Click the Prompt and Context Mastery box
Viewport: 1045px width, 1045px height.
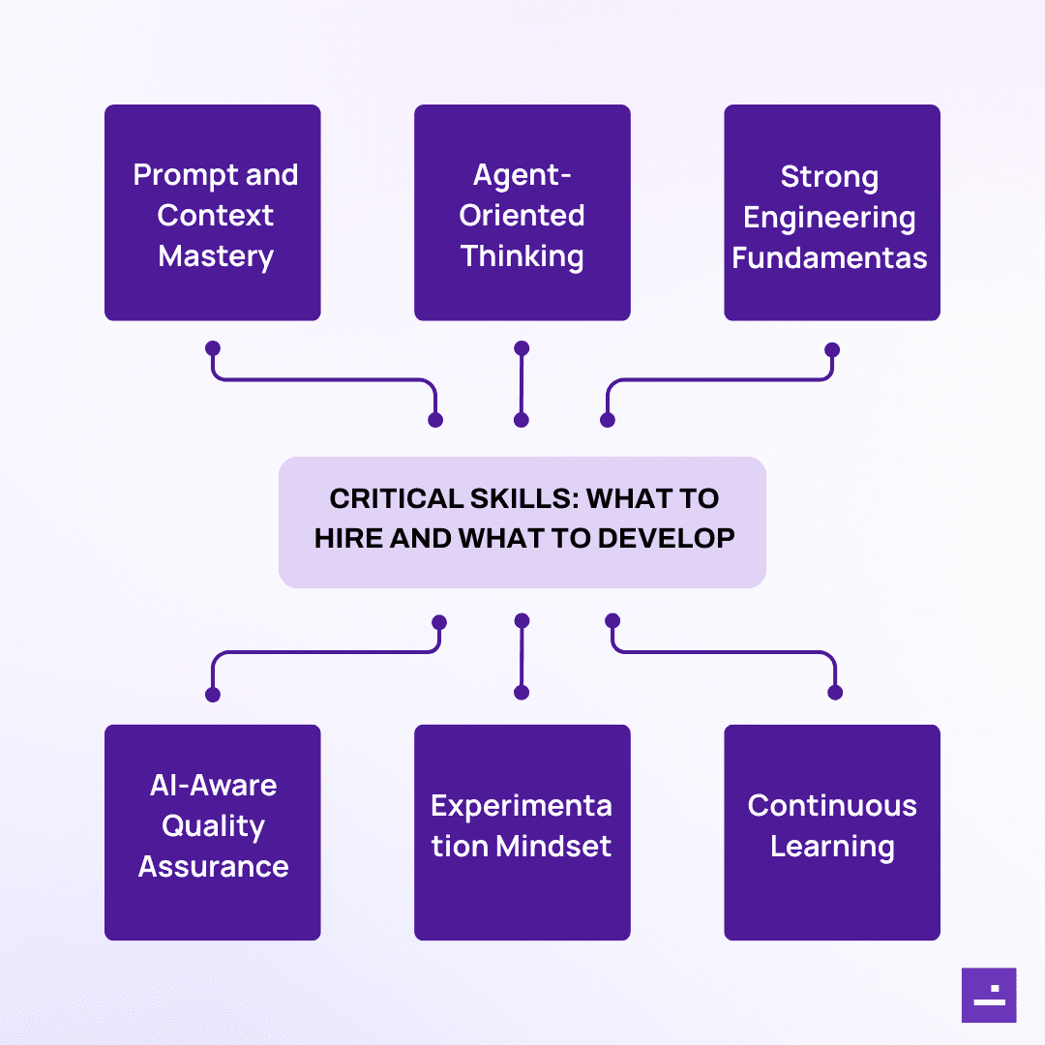tap(212, 213)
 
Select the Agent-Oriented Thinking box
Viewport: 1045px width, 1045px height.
tap(522, 213)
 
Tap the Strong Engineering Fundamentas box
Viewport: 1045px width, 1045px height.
tap(831, 213)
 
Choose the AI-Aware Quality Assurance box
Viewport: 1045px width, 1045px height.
tap(212, 832)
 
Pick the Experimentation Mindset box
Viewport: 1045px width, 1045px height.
tap(522, 832)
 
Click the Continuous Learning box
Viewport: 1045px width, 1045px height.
tap(831, 832)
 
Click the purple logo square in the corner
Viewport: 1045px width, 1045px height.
tap(988, 995)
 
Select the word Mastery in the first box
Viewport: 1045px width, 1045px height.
tap(216, 256)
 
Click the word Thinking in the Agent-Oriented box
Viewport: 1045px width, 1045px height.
tap(522, 256)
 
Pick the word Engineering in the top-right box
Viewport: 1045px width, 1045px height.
tap(829, 218)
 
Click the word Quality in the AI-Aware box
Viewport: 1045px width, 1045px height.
tap(213, 826)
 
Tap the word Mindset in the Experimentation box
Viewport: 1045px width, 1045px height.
tap(553, 847)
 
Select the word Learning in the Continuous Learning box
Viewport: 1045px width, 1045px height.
tap(832, 847)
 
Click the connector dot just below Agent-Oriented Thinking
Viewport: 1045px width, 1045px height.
tap(522, 347)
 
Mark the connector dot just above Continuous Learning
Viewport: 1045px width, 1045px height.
tap(835, 692)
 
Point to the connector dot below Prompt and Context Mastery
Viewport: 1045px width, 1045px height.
tap(213, 347)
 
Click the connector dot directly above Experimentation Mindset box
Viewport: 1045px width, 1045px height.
tap(522, 692)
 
